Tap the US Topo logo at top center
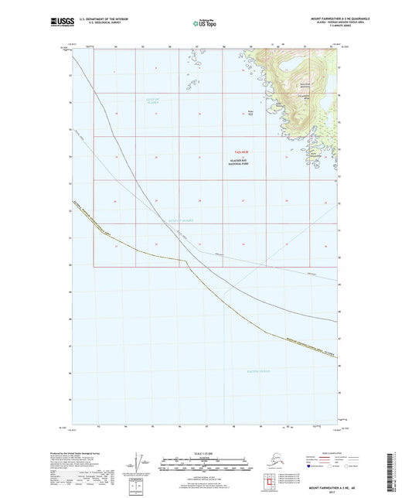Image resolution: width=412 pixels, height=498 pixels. click(206, 23)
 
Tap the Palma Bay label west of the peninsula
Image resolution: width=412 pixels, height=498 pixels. click(250, 111)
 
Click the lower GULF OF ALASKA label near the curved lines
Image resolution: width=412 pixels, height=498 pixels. click(180, 220)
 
